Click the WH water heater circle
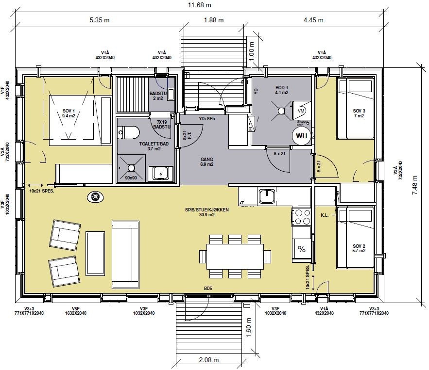[301, 135]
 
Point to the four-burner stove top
[302, 217]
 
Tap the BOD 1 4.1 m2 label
[282, 90]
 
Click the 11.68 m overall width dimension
[214, 5]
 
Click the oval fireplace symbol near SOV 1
[95, 197]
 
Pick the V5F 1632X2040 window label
[75, 311]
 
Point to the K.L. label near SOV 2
[325, 214]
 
